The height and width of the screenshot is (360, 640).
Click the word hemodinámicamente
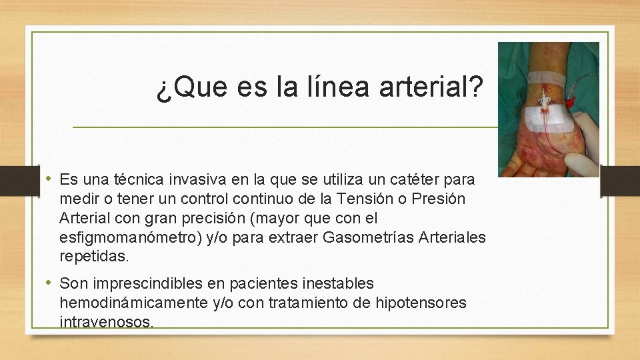point(134,303)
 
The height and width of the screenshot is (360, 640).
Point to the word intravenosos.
point(106,322)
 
